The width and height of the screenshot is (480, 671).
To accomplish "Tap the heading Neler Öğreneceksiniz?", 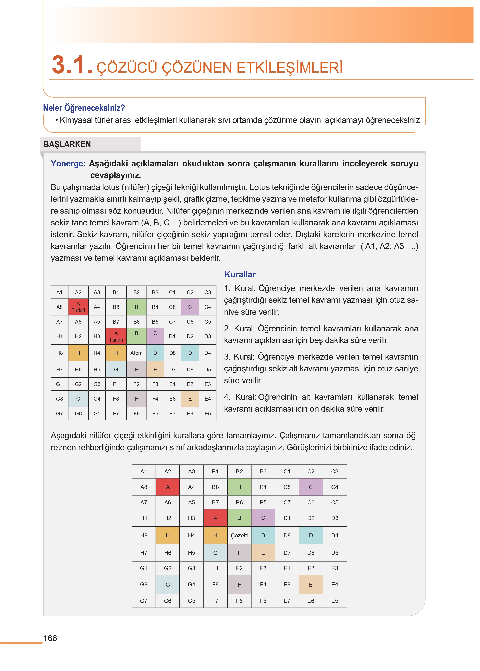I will (x=84, y=108).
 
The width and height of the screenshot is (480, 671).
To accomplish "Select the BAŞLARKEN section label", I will (x=67, y=144).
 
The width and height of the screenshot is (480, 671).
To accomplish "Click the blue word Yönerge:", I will (x=68, y=164).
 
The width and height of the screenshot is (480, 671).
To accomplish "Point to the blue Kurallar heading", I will (x=240, y=274).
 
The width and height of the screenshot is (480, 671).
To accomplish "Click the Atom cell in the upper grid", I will (x=136, y=353).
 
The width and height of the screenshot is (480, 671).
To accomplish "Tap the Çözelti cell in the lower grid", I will (x=239, y=535).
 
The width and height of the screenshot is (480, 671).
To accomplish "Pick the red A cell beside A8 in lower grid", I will (x=168, y=487).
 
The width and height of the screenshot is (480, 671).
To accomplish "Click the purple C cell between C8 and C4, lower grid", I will (x=311, y=487).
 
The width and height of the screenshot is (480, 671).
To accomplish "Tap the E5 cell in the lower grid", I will (x=334, y=601).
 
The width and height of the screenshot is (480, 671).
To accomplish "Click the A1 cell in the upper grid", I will (x=59, y=292).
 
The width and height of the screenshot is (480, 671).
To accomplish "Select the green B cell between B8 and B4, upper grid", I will (x=136, y=307).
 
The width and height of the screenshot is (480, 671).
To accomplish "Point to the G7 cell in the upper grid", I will (x=59, y=413).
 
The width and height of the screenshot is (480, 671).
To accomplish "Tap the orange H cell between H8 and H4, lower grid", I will (x=168, y=535).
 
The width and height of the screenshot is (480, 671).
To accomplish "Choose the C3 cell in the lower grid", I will (x=334, y=471).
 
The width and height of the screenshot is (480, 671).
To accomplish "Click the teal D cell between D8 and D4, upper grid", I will (x=190, y=353).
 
